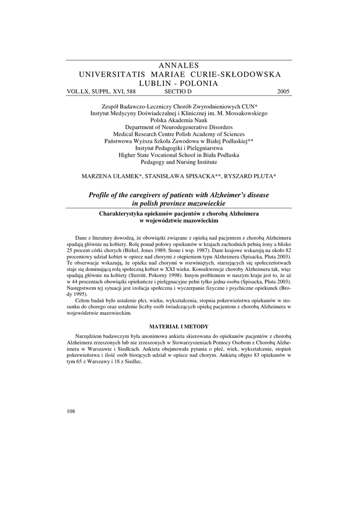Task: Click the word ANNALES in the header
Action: pyautogui.click(x=180, y=66)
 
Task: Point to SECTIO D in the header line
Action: pyautogui.click(x=178, y=91)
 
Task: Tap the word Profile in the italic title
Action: pyautogui.click(x=101, y=195)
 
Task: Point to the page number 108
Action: pyautogui.click(x=70, y=411)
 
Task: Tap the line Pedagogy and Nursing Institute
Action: pyautogui.click(x=180, y=162)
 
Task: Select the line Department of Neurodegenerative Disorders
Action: pyautogui.click(x=180, y=127)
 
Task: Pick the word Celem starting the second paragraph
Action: pyautogui.click(x=83, y=301)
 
